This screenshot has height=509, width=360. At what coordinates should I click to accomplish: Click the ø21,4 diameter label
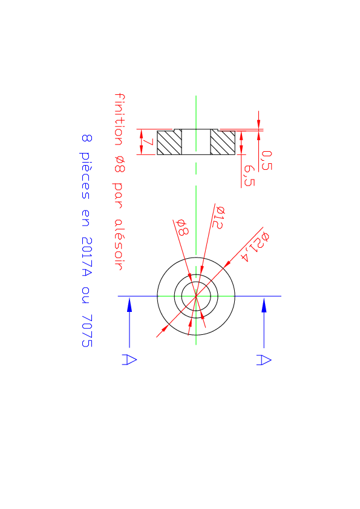coord(255,247)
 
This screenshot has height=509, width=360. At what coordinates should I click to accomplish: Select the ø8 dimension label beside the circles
coord(182,227)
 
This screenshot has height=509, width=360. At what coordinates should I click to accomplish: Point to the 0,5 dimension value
coord(267,160)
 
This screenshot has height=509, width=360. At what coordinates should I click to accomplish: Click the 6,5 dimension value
coord(249,176)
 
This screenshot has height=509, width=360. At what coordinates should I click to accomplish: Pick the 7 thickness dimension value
coord(148,142)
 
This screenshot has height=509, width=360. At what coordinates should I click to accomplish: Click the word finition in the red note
coord(120,120)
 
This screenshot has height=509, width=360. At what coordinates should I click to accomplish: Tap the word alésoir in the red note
coord(119,244)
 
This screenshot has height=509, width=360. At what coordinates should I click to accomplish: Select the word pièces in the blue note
coord(85,175)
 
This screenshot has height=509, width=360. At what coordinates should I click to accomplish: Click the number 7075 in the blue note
coord(87,331)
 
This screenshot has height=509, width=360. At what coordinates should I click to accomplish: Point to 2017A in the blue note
coord(87,257)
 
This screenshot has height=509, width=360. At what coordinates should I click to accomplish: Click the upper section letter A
coord(264,360)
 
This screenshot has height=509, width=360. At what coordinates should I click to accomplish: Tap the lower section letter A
coord(129,360)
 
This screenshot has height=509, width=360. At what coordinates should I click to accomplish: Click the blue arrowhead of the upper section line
coord(264,305)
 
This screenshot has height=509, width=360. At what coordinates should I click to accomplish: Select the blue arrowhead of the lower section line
coord(129,305)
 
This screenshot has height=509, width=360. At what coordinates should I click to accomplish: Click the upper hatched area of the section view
coord(223,143)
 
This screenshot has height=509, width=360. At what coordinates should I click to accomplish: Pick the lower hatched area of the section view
coord(169,143)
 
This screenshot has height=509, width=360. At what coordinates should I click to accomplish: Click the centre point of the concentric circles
coord(196,296)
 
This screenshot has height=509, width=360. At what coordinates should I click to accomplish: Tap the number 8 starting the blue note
coord(87,138)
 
